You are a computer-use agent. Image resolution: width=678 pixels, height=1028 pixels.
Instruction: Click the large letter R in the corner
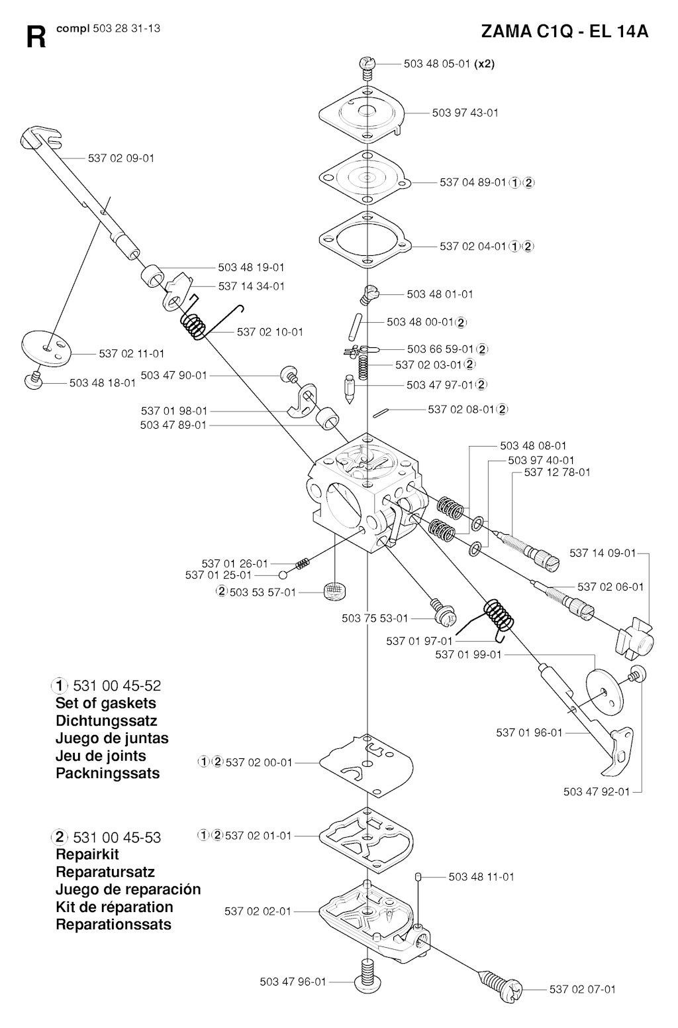pos(36,37)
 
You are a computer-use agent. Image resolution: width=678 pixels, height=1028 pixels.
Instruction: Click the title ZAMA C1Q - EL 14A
pos(564,32)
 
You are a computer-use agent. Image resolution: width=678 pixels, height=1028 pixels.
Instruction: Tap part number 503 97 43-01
pos(465,113)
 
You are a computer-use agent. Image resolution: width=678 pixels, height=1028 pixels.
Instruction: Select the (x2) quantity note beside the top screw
pos(484,64)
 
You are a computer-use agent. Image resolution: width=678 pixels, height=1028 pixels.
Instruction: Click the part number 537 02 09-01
pos(121,158)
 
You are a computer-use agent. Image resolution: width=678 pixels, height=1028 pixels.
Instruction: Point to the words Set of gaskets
pos(105,703)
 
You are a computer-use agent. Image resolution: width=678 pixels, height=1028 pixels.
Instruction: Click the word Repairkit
pos(87,854)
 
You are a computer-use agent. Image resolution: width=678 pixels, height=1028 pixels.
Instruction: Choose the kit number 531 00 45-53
pos(117,838)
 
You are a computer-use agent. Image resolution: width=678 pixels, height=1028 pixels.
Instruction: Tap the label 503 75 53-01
pos(375,618)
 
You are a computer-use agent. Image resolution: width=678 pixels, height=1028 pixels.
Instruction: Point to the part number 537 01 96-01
pos(529,733)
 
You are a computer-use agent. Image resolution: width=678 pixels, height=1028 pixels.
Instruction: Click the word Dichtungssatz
pos(107,721)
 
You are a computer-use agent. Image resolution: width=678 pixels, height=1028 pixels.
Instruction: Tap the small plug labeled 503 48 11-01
pos(418,877)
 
